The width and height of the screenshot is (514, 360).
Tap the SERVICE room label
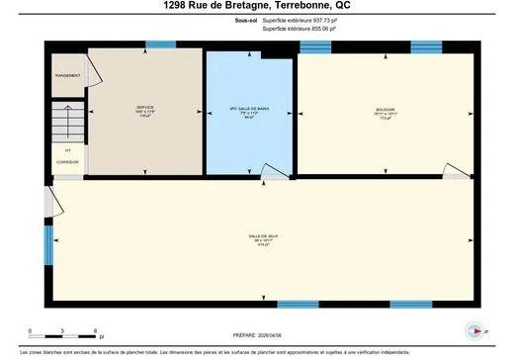tap(145, 110)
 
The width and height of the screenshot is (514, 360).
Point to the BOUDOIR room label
tap(385, 109)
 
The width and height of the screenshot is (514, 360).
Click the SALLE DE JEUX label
tap(263, 236)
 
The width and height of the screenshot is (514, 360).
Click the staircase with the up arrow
tap(67, 125)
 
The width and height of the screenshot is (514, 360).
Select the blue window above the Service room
tap(159, 44)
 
